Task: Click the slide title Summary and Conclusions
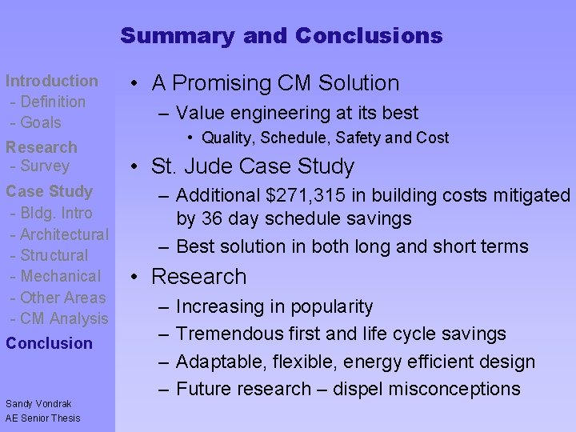(x=281, y=36)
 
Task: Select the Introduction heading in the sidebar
(x=51, y=81)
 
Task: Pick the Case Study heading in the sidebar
(x=49, y=191)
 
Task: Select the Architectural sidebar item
(x=64, y=234)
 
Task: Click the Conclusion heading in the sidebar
(x=49, y=343)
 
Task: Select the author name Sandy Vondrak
(x=38, y=404)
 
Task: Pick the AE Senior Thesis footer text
(x=42, y=418)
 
